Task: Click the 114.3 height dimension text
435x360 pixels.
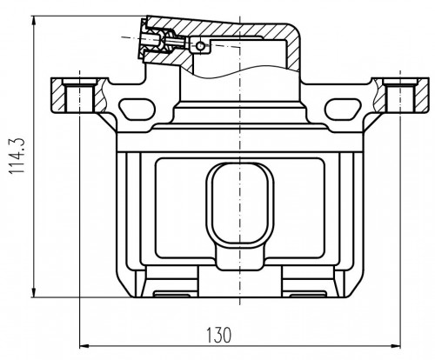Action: (17, 156)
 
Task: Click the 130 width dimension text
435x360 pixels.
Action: (219, 335)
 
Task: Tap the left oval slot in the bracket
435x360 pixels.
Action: (137, 110)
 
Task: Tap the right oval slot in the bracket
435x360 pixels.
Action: (343, 110)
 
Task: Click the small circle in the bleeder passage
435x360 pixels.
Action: (200, 46)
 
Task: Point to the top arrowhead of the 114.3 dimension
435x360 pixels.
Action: (34, 21)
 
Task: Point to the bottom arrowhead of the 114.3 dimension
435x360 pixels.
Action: (34, 292)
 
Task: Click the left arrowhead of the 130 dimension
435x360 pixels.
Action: (84, 346)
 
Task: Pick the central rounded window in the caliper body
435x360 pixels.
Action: (240, 205)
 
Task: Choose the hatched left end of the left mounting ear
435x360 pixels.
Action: (58, 95)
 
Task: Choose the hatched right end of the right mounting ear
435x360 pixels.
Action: (423, 95)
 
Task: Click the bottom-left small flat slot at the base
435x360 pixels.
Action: (171, 295)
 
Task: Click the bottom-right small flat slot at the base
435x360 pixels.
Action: (308, 295)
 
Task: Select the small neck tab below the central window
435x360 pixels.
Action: (240, 258)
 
